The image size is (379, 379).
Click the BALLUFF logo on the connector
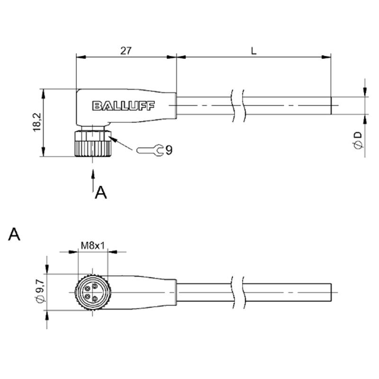123,106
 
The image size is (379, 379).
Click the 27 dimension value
126,51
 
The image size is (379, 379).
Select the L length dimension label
253,51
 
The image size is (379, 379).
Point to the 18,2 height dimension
37,122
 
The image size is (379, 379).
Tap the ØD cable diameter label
358,140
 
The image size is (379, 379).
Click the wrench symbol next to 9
150,150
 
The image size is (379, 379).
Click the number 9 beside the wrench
169,150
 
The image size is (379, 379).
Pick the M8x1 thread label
93,246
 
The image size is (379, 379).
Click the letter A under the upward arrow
101,192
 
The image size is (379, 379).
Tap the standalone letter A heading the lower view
14,234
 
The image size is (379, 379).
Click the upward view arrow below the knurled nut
93,180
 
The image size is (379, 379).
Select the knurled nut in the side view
93,144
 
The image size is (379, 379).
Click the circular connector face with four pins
93,292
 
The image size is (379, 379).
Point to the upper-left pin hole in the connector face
88,288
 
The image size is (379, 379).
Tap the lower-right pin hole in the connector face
95,299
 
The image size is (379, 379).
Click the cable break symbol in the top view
238,106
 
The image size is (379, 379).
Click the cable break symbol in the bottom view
238,292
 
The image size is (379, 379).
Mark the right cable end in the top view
331,106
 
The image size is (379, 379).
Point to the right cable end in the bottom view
331,292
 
